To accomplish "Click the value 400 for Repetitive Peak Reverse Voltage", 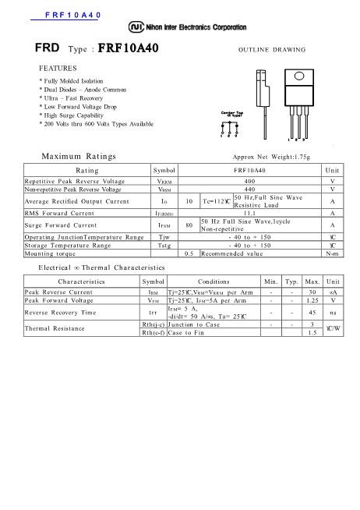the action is (x=249, y=181).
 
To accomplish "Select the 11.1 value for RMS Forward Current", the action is (x=249, y=212).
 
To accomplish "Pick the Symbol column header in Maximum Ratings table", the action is (x=164, y=170).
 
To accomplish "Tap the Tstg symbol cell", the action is (x=164, y=245).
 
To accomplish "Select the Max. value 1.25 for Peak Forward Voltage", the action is (x=312, y=321).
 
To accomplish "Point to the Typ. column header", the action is (x=291, y=303).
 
